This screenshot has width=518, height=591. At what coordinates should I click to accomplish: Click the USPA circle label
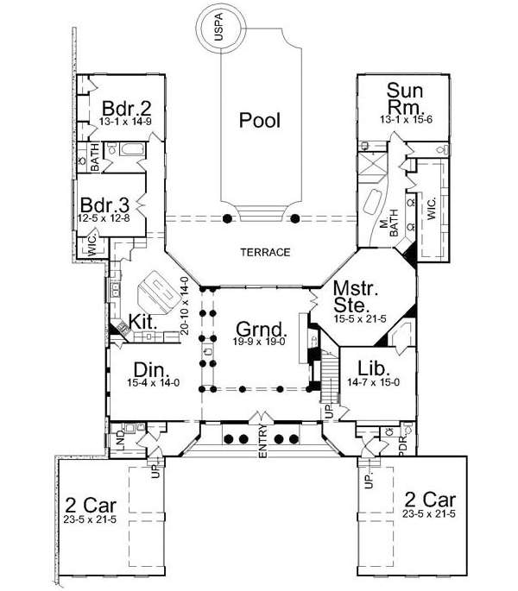(218, 27)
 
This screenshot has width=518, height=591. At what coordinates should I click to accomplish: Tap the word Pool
(260, 120)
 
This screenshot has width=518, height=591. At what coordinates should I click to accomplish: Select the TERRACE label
(266, 252)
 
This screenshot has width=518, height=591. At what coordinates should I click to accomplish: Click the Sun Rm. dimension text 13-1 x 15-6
(406, 119)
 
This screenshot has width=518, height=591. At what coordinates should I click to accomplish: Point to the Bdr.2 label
(127, 108)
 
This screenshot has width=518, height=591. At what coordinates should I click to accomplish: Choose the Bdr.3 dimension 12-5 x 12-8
(104, 218)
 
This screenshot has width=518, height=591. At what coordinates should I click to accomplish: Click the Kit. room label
(142, 322)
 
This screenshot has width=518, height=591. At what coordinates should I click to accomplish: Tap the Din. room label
(151, 370)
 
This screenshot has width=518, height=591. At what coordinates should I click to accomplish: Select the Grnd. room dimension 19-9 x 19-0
(259, 342)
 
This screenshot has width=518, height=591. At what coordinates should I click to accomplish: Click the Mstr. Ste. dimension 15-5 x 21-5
(360, 318)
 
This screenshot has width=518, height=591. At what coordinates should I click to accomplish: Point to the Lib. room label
(374, 368)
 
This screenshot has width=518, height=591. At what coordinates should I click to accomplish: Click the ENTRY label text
(263, 441)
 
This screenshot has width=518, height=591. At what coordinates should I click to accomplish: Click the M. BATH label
(389, 223)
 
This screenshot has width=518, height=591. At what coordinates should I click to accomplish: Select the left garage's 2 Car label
(91, 505)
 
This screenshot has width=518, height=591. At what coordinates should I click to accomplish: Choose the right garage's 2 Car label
(430, 500)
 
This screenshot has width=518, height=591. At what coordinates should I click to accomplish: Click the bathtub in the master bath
(374, 202)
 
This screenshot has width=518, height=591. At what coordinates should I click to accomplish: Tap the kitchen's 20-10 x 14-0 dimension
(185, 305)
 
